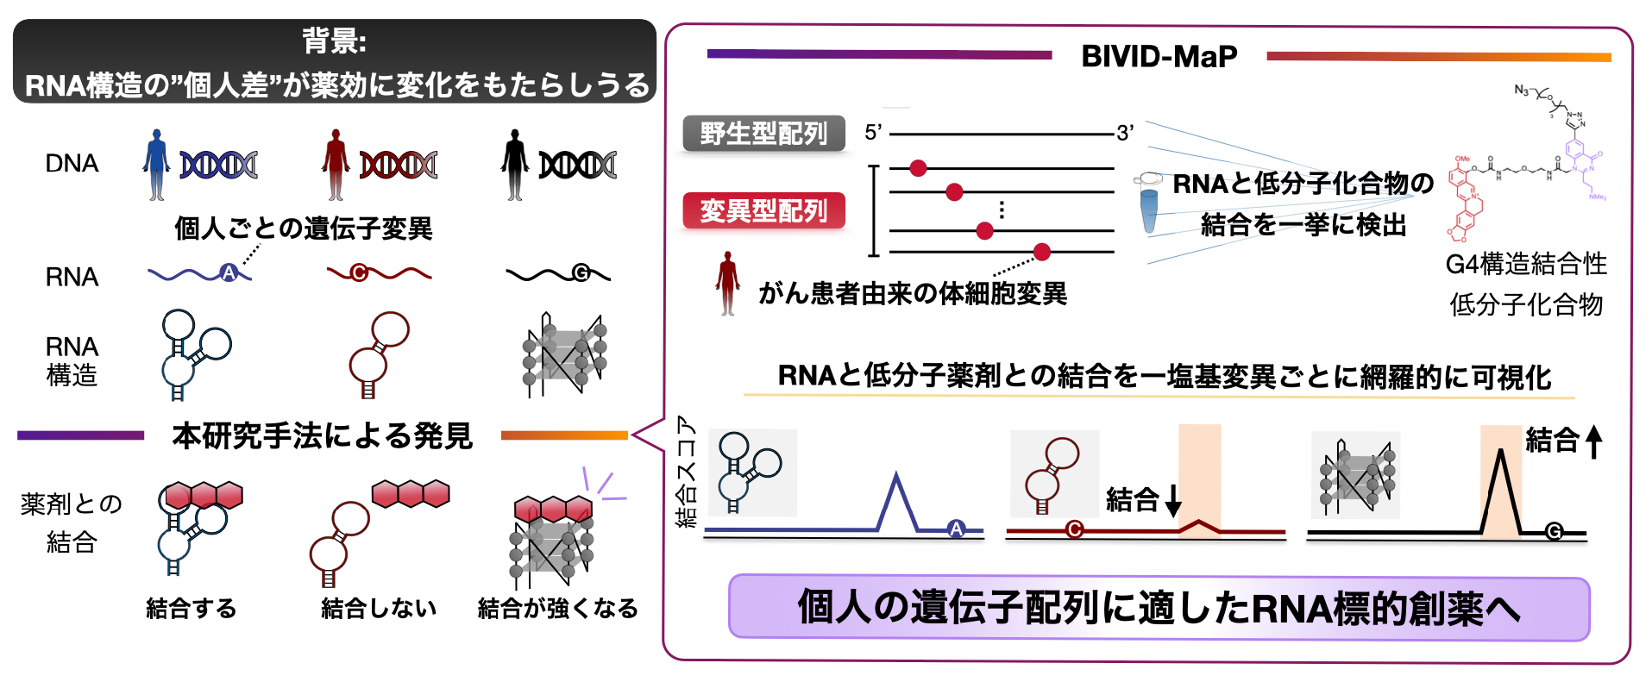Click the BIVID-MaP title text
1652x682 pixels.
click(1159, 57)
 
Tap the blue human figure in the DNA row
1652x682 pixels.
click(156, 165)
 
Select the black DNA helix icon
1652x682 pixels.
click(577, 165)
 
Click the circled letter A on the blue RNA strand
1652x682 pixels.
click(228, 273)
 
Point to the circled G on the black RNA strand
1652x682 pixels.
click(581, 273)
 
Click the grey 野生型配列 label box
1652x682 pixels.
click(763, 134)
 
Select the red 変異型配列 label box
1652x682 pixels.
click(763, 210)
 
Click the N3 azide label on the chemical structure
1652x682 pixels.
click(1522, 90)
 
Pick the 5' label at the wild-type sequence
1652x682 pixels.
click(873, 133)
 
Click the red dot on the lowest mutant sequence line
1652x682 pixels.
click(1042, 252)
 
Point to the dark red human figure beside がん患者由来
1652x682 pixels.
click(728, 283)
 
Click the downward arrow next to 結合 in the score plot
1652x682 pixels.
click(1173, 500)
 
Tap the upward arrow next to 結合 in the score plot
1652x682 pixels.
click(1594, 441)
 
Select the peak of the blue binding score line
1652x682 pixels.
click(897, 477)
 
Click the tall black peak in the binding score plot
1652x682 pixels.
click(1501, 455)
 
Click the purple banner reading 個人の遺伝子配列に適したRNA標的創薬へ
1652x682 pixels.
click(1159, 608)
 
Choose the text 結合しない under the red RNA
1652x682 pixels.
click(379, 609)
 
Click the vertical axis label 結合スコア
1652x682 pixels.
click(686, 472)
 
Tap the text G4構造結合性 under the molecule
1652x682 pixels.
click(1526, 264)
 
